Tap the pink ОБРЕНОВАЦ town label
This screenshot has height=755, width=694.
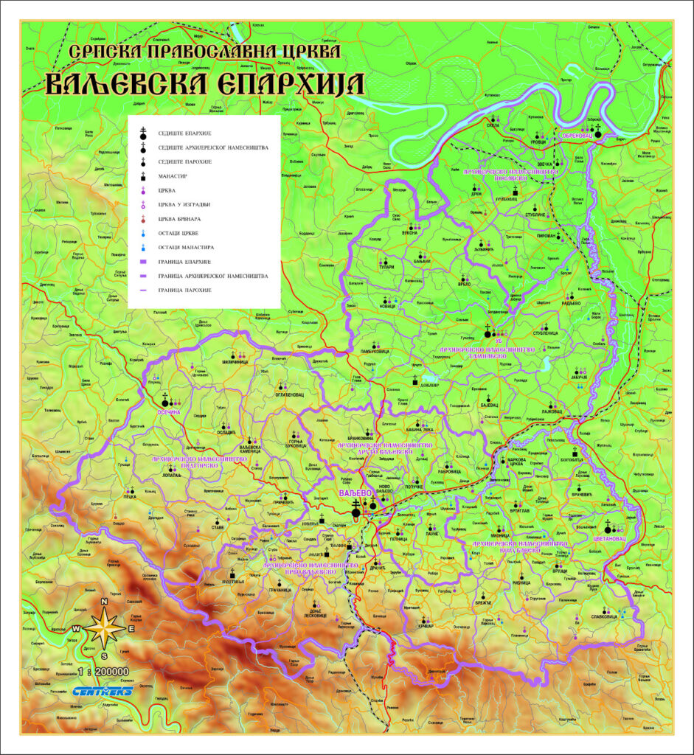[577, 136]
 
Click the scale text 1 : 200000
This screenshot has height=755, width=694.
[103, 672]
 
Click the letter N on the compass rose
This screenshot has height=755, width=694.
[105, 602]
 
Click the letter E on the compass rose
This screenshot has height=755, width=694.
[131, 629]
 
